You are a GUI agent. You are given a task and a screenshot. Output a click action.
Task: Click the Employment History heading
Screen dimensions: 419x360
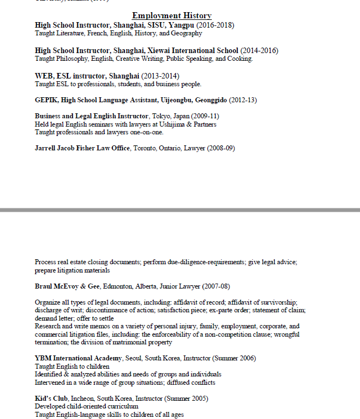coord(171,15)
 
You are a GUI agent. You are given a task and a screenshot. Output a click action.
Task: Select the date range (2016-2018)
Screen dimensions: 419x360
coord(215,25)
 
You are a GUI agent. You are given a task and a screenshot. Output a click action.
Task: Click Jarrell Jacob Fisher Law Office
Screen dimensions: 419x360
coord(82,148)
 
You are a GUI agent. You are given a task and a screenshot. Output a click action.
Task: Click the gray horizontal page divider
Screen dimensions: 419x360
coord(180,210)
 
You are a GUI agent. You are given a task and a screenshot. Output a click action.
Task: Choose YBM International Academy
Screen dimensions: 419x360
coord(79,358)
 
